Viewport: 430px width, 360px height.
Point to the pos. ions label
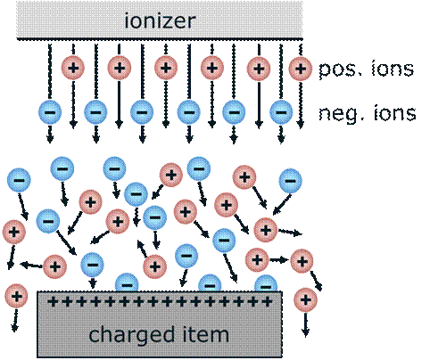[366, 69]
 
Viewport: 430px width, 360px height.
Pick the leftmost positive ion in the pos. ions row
[72, 67]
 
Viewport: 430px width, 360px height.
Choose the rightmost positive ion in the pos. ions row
[301, 67]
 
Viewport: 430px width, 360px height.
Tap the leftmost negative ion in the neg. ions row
[49, 112]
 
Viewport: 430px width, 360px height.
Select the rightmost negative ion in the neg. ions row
[279, 112]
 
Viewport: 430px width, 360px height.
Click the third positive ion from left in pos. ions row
[164, 67]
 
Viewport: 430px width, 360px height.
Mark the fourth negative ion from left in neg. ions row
[187, 112]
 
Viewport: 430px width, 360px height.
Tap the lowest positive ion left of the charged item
[15, 295]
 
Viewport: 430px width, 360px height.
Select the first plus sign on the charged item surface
[52, 302]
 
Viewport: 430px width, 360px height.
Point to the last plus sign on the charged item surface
[267, 302]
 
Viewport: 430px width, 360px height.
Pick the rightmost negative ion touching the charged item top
[265, 284]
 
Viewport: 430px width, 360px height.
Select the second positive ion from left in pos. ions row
[118, 67]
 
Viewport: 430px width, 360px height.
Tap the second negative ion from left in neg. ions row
[95, 112]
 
